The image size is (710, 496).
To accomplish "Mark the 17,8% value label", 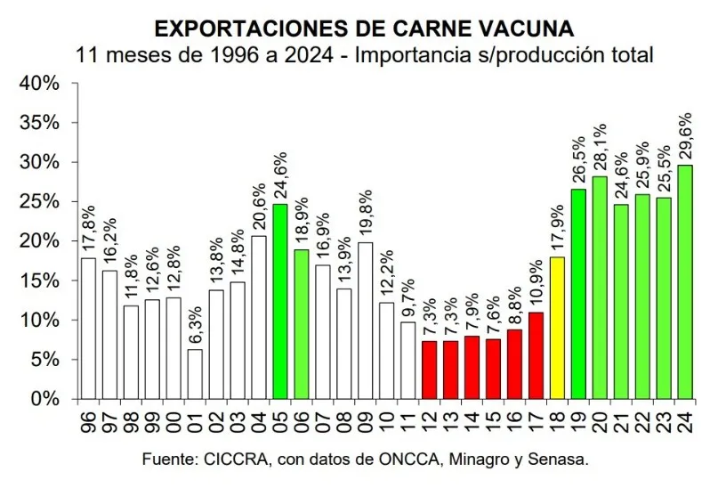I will click(x=88, y=230).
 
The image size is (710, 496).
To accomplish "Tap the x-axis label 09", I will click(x=366, y=419).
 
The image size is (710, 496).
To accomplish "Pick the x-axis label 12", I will click(x=430, y=419).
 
